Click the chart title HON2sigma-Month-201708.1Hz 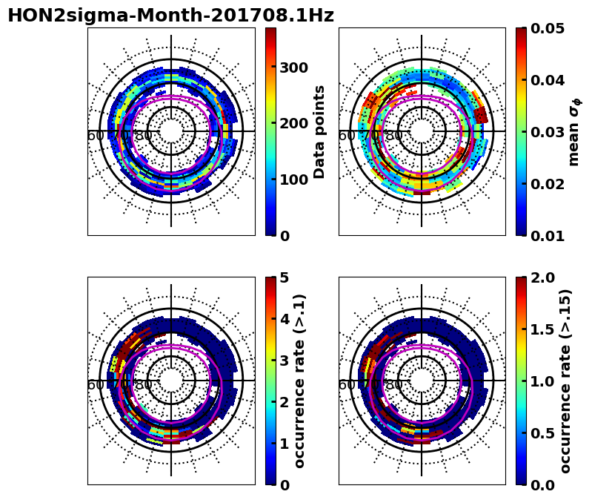click(170, 16)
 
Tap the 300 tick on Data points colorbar click(293, 68)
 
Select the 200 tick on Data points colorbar click(293, 123)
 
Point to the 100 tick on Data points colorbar click(293, 179)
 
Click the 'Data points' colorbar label click(319, 131)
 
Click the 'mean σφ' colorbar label click(574, 131)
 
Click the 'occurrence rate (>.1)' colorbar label click(300, 381)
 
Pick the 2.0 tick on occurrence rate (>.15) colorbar click(545, 277)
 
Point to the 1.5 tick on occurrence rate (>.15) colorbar click(545, 329)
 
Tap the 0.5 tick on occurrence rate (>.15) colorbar click(545, 433)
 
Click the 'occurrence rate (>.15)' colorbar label click(565, 381)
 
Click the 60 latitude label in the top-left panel click(96, 136)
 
